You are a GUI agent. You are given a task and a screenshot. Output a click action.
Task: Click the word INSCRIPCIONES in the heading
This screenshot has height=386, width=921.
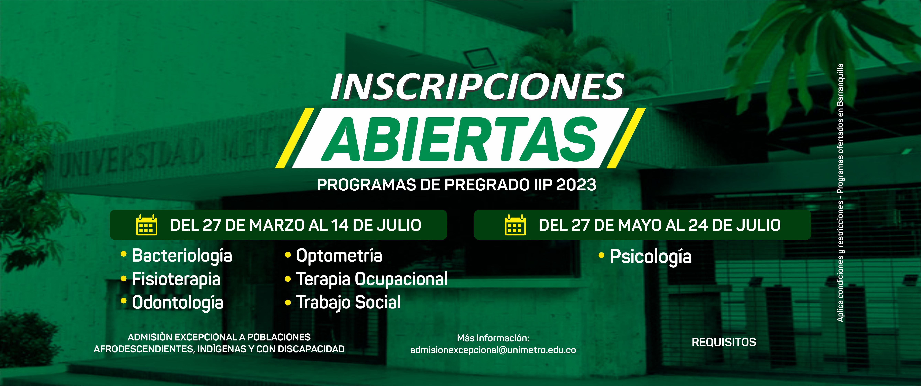pos(477,87)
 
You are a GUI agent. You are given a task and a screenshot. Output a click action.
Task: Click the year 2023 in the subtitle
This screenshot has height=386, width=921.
pos(576,185)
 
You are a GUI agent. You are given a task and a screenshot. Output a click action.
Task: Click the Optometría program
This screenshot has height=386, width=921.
pos(339,256)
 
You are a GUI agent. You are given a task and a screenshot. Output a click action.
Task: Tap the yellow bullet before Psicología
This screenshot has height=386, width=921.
pos(601,256)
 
